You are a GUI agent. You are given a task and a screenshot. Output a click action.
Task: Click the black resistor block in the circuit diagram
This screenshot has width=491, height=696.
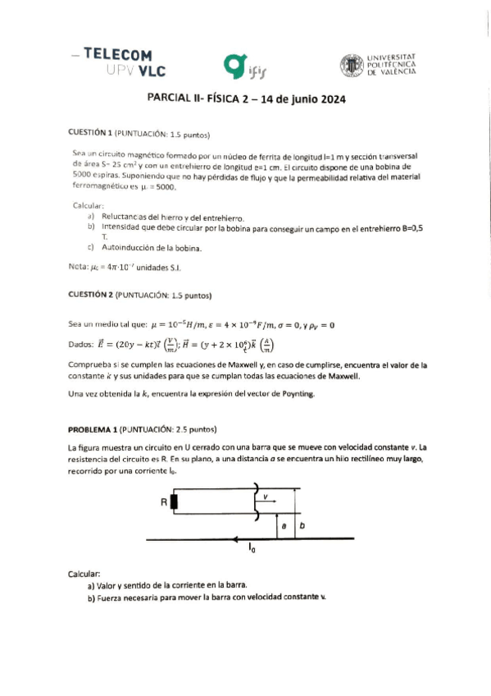pyautogui.click(x=173, y=501)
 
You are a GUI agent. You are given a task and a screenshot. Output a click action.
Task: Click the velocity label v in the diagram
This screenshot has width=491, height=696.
pyautogui.click(x=266, y=496)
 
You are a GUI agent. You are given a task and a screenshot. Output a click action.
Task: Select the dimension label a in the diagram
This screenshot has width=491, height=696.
pyautogui.click(x=283, y=525)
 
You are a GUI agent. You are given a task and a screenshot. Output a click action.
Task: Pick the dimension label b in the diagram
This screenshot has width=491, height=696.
pyautogui.click(x=301, y=525)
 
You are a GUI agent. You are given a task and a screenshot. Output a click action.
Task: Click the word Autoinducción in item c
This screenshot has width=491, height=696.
pyautogui.click(x=125, y=247)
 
